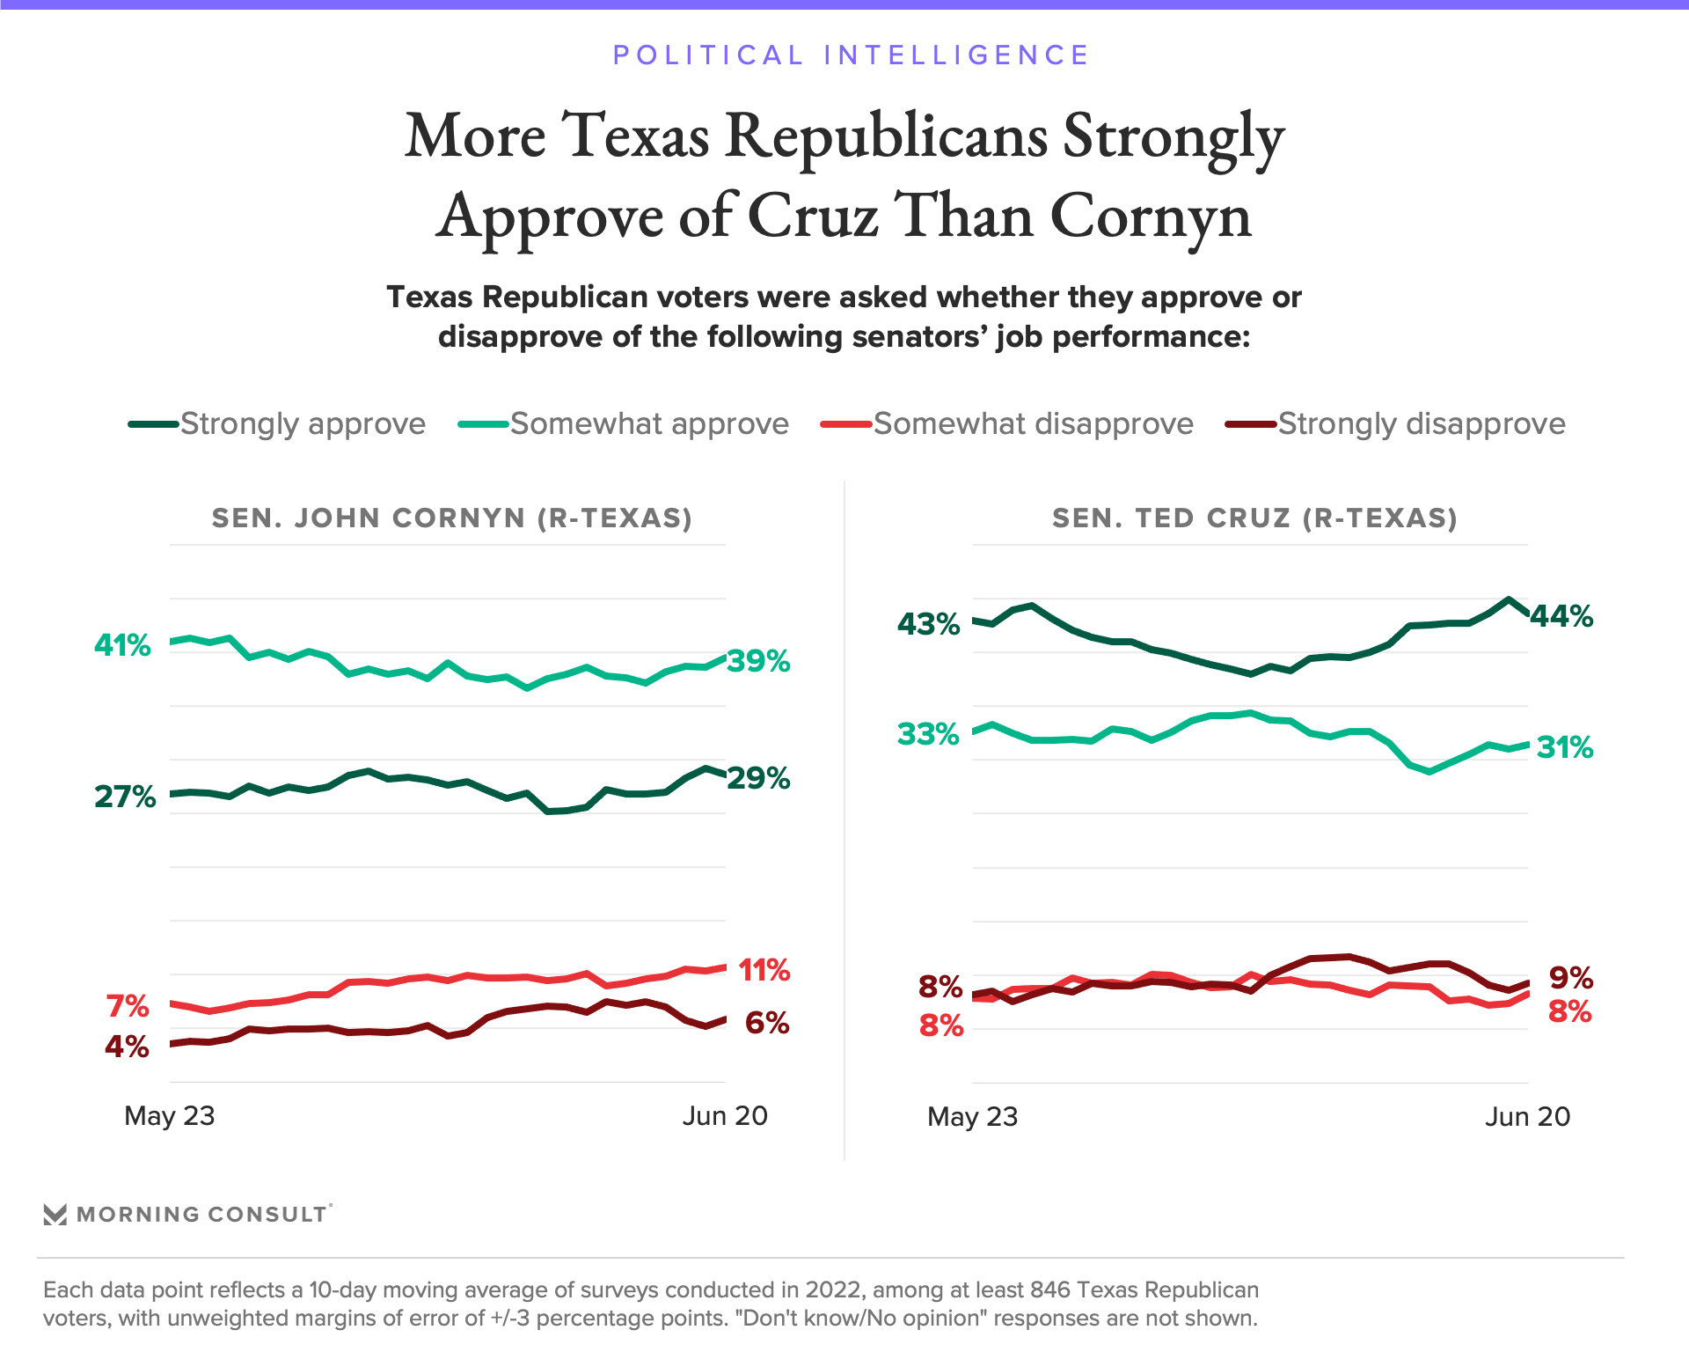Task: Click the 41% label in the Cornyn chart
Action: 122,645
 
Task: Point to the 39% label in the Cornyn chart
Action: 758,661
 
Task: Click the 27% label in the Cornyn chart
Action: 125,797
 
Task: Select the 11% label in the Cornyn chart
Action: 764,970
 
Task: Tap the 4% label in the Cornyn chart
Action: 127,1047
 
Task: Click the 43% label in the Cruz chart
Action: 928,624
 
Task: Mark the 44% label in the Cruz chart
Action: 1561,616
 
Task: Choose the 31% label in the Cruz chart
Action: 1565,747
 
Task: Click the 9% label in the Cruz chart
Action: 1570,977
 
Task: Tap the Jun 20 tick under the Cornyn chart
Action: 725,1116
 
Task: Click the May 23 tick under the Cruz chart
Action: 972,1117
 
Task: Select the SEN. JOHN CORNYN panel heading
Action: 452,518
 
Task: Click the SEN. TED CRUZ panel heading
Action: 1254,518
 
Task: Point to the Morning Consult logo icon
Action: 55,1215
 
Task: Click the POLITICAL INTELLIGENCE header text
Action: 851,55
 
